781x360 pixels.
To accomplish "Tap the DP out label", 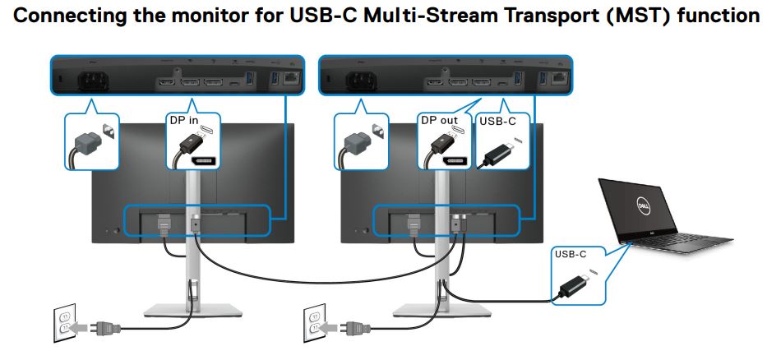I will click(x=439, y=121).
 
